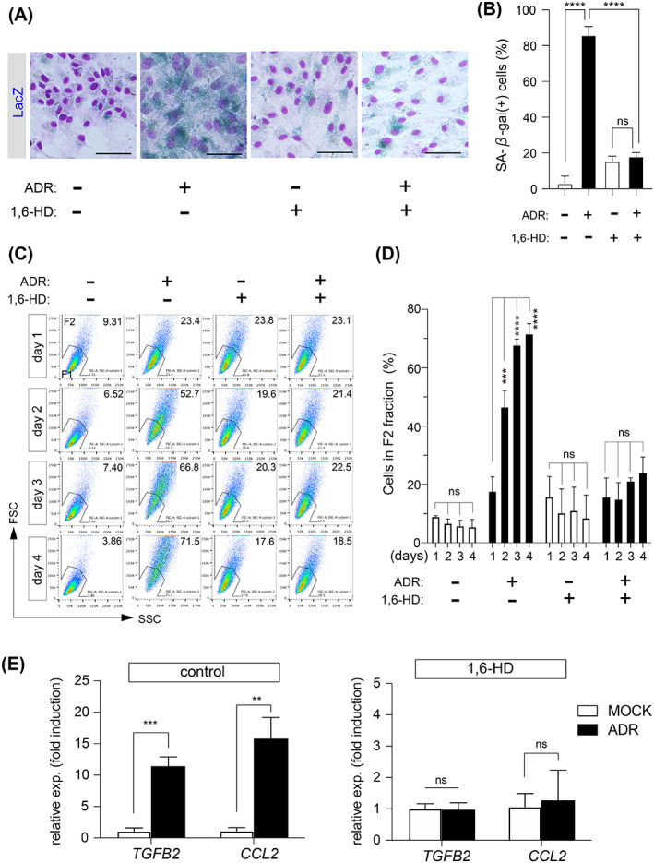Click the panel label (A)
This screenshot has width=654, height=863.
coord(21,11)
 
